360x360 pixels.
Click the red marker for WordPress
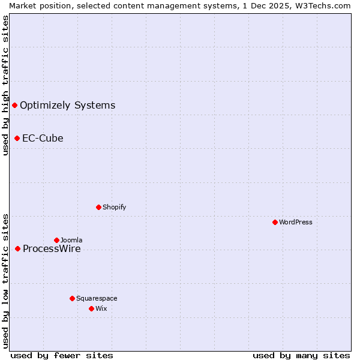pos(275,222)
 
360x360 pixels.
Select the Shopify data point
pos(99,207)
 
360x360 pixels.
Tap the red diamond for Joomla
pos(57,240)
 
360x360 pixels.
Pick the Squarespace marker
pos(73,298)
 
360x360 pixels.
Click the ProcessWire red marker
pos(18,248)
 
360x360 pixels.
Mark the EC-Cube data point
pos(17,138)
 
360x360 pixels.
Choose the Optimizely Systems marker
pos(15,106)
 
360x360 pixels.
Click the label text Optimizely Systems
pos(67,106)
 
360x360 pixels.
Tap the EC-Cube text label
pos(43,138)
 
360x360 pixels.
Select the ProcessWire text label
pos(51,249)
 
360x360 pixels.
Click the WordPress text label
pos(296,222)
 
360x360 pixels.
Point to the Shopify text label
pos(114,207)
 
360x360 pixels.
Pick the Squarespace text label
pos(97,298)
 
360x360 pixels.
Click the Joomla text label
pos(71,240)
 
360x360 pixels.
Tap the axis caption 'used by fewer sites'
pos(61,355)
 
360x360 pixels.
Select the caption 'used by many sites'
pos(301,355)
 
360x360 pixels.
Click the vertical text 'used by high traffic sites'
pos(5,85)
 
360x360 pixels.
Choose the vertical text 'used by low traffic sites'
pos(5,281)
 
